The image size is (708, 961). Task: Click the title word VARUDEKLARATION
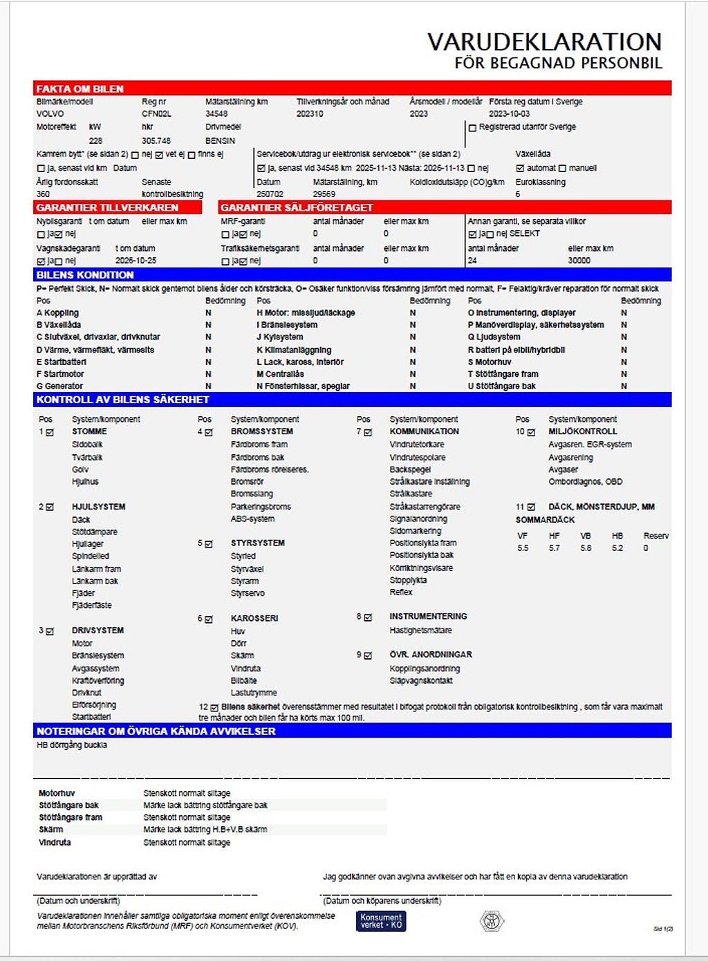tap(544, 42)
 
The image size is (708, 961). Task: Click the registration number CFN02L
tap(156, 114)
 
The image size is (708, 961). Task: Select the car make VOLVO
tap(50, 114)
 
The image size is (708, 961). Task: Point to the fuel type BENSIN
tap(220, 141)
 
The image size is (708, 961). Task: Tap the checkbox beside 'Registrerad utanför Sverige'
tap(473, 128)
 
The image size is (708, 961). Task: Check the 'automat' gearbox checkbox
tap(520, 168)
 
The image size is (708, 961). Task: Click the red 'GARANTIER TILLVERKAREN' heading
tap(107, 207)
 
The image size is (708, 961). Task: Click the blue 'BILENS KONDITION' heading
tap(85, 275)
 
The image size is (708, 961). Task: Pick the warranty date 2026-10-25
tap(136, 261)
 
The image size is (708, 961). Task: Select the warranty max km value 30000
tap(579, 261)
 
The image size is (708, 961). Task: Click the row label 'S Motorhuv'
tap(490, 362)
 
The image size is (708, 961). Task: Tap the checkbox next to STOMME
tap(50, 433)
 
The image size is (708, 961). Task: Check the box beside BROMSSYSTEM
tap(209, 433)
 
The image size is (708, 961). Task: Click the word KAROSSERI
tap(254, 618)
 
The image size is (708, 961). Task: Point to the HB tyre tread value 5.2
tap(617, 548)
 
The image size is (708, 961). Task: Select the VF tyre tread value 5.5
tap(523, 548)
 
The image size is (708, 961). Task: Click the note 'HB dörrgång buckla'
tap(72, 745)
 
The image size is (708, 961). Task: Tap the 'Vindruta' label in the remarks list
tap(55, 843)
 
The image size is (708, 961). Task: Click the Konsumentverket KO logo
tap(381, 921)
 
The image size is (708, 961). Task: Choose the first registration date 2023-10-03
tap(509, 114)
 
